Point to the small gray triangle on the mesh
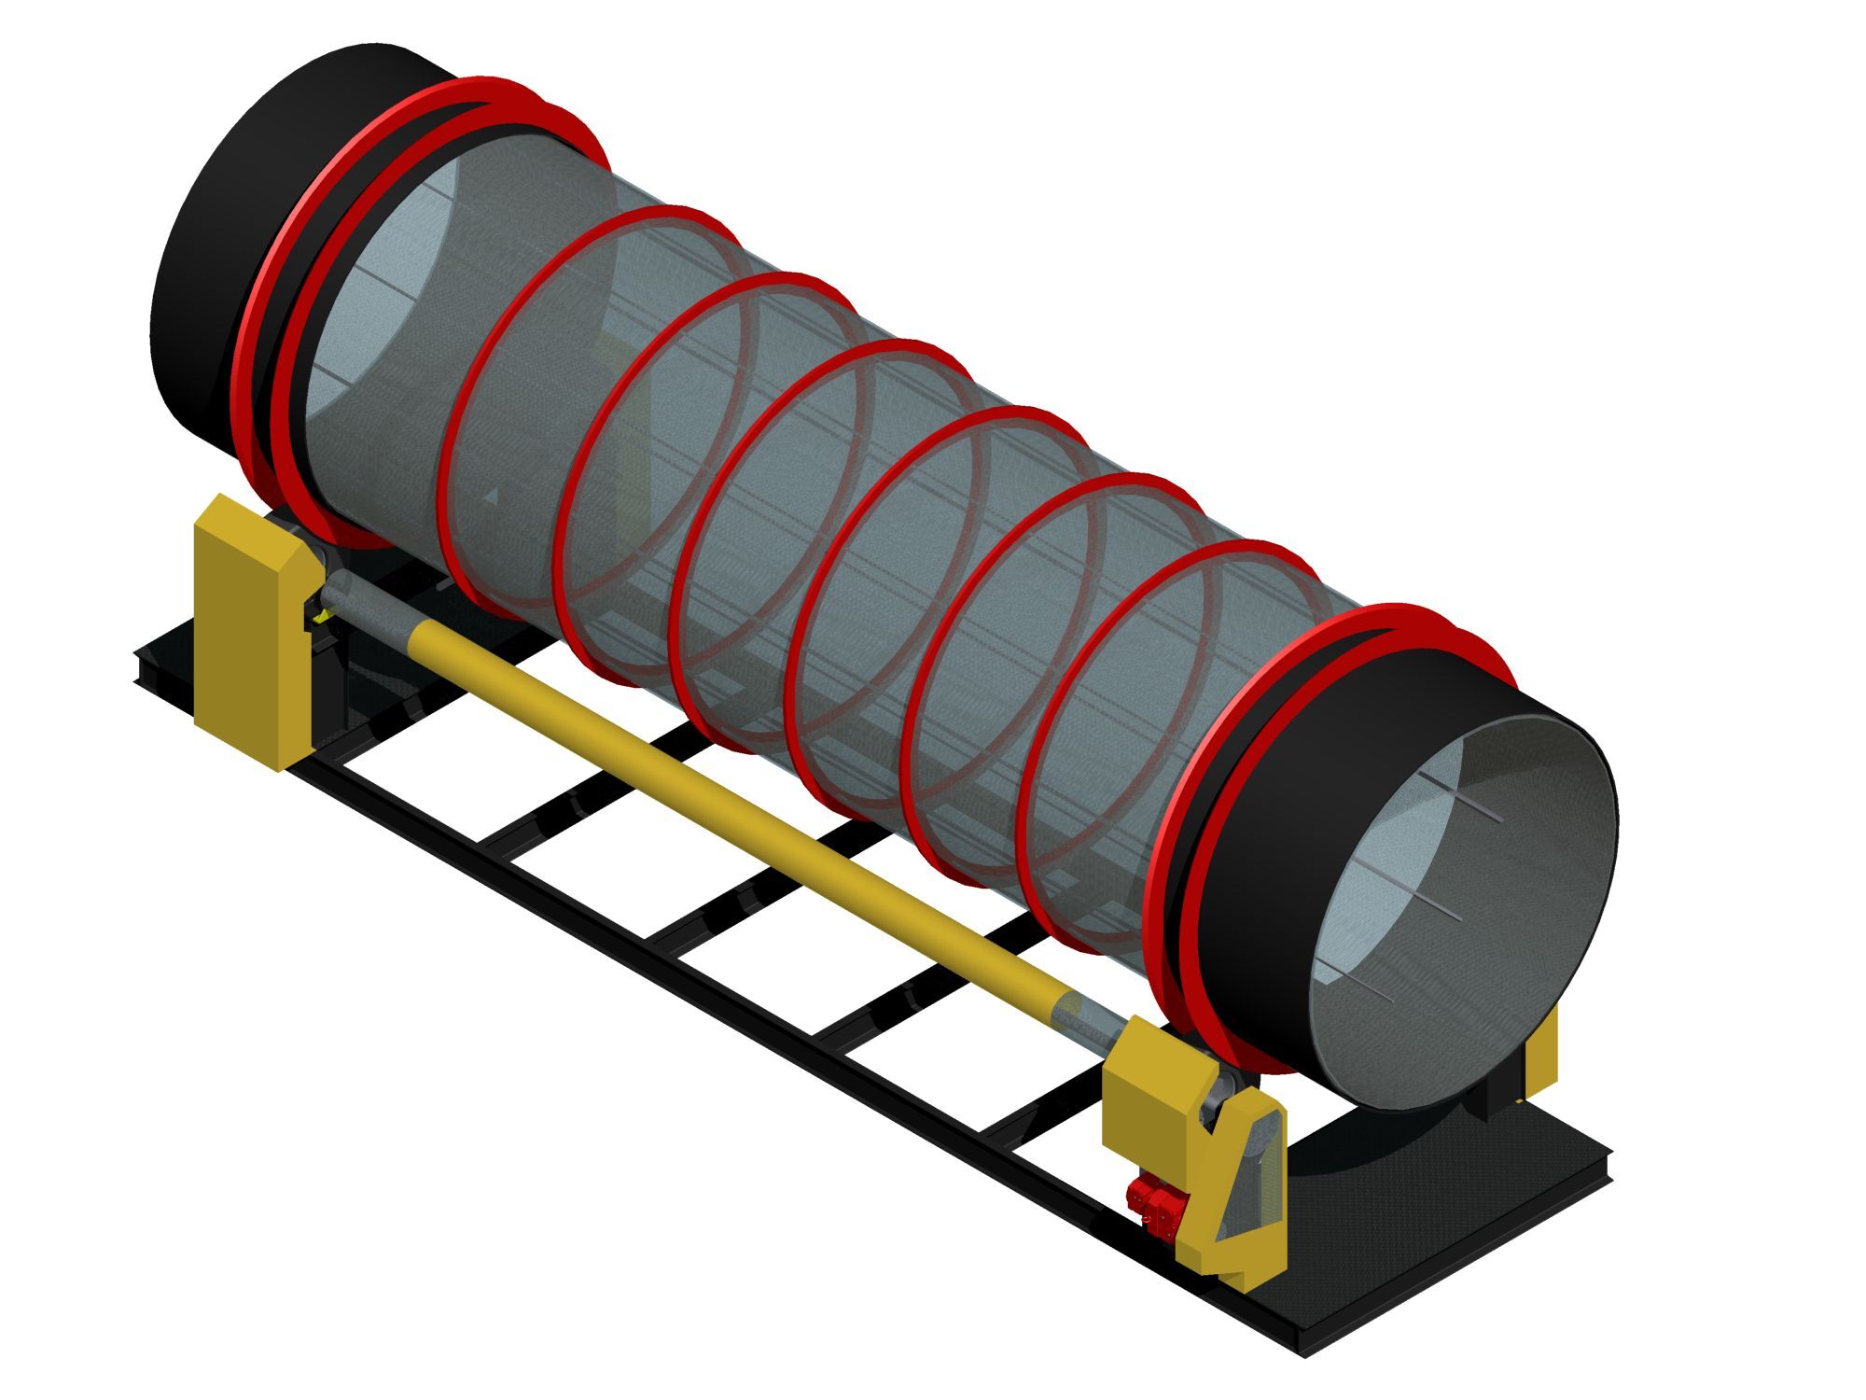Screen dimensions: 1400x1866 [x=494, y=496]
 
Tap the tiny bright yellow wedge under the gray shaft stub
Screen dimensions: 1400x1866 [x=322, y=617]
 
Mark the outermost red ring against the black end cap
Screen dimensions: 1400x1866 [x=271, y=308]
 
